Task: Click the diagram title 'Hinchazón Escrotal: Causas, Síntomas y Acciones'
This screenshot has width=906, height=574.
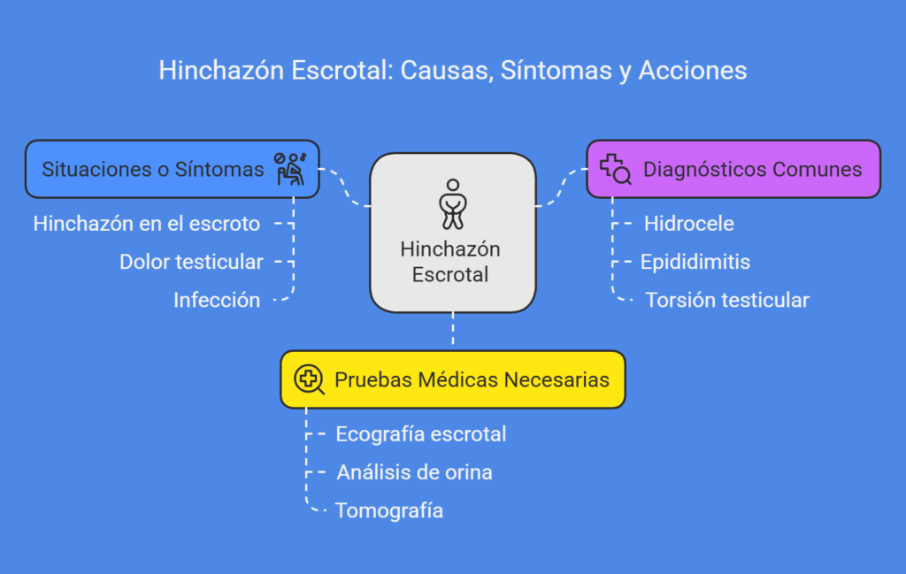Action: tap(453, 71)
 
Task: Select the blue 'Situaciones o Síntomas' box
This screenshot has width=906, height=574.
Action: tap(173, 169)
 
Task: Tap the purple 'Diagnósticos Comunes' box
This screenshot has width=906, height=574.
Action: tap(733, 169)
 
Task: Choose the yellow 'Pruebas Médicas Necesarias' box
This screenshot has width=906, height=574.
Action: tap(453, 379)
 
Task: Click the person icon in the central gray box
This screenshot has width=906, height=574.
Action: tap(453, 203)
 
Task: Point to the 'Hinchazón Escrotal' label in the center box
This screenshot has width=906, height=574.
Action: tap(450, 262)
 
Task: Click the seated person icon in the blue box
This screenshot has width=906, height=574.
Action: tap(290, 169)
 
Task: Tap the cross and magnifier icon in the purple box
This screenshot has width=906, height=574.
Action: tap(616, 169)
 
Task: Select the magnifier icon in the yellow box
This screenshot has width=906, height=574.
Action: tap(309, 379)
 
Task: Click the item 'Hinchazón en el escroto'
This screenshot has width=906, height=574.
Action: tap(147, 224)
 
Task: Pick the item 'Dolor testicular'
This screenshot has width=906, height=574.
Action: tap(191, 262)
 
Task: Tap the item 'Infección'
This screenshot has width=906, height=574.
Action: tap(217, 300)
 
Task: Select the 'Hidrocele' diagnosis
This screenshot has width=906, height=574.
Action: tap(688, 224)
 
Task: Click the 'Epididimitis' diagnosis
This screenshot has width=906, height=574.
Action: tap(695, 262)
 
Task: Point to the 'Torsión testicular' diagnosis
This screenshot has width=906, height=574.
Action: tap(727, 300)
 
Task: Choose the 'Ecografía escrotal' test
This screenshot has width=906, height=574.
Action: tap(420, 433)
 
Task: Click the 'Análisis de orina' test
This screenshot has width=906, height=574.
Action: tap(414, 471)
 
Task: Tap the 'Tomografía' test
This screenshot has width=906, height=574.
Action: tap(389, 510)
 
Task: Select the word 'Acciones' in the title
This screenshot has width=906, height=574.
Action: tap(693, 71)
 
